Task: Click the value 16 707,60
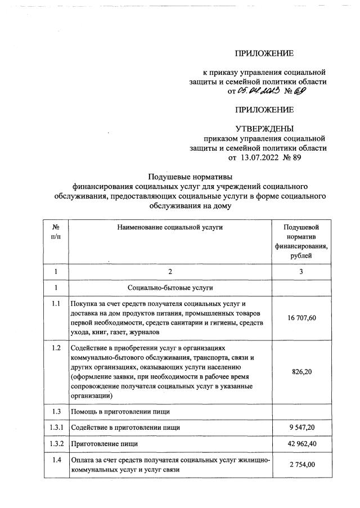(301, 318)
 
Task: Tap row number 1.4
(56, 461)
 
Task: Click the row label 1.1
(56, 304)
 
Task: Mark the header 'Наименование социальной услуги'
(170, 227)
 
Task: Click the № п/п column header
(56, 232)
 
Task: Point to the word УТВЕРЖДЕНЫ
(264, 128)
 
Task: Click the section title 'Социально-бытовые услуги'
(170, 287)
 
